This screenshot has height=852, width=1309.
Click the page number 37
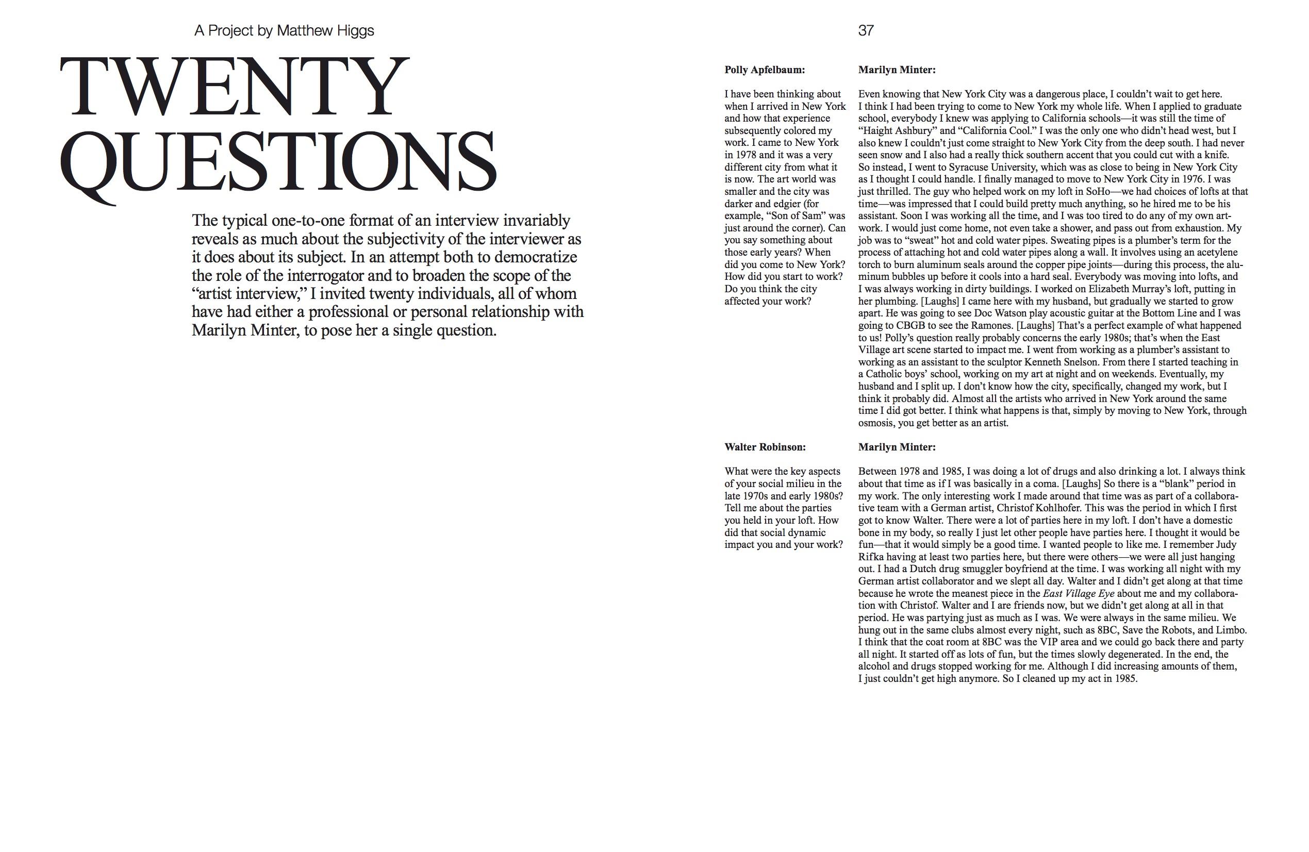pyautogui.click(x=865, y=31)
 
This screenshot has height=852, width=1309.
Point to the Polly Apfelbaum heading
pyautogui.click(x=764, y=70)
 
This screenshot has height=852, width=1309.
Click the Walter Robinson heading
pyautogui.click(x=765, y=447)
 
